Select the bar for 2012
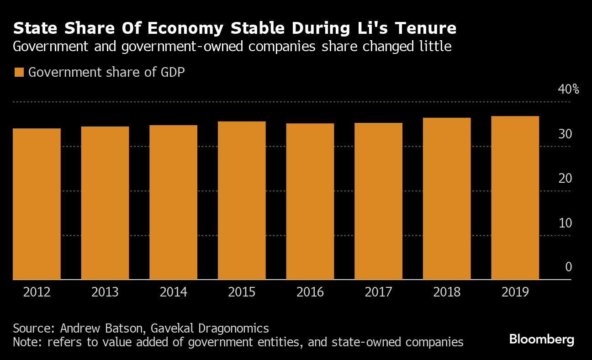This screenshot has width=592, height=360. tap(37, 204)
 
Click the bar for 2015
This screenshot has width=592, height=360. tap(242, 200)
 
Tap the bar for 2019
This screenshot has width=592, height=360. tap(515, 198)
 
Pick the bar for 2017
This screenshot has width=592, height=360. tap(378, 201)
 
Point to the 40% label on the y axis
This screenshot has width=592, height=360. tap(568, 89)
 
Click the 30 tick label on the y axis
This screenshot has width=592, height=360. tap(565, 134)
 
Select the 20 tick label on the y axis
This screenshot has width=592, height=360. tap(565, 178)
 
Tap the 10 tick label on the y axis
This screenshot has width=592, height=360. tap(565, 223)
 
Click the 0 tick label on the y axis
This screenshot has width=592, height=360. tap(568, 267)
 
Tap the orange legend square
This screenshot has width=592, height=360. tap(19, 73)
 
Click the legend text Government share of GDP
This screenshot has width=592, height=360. tap(106, 73)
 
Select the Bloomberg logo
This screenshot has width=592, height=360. tap(541, 339)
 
